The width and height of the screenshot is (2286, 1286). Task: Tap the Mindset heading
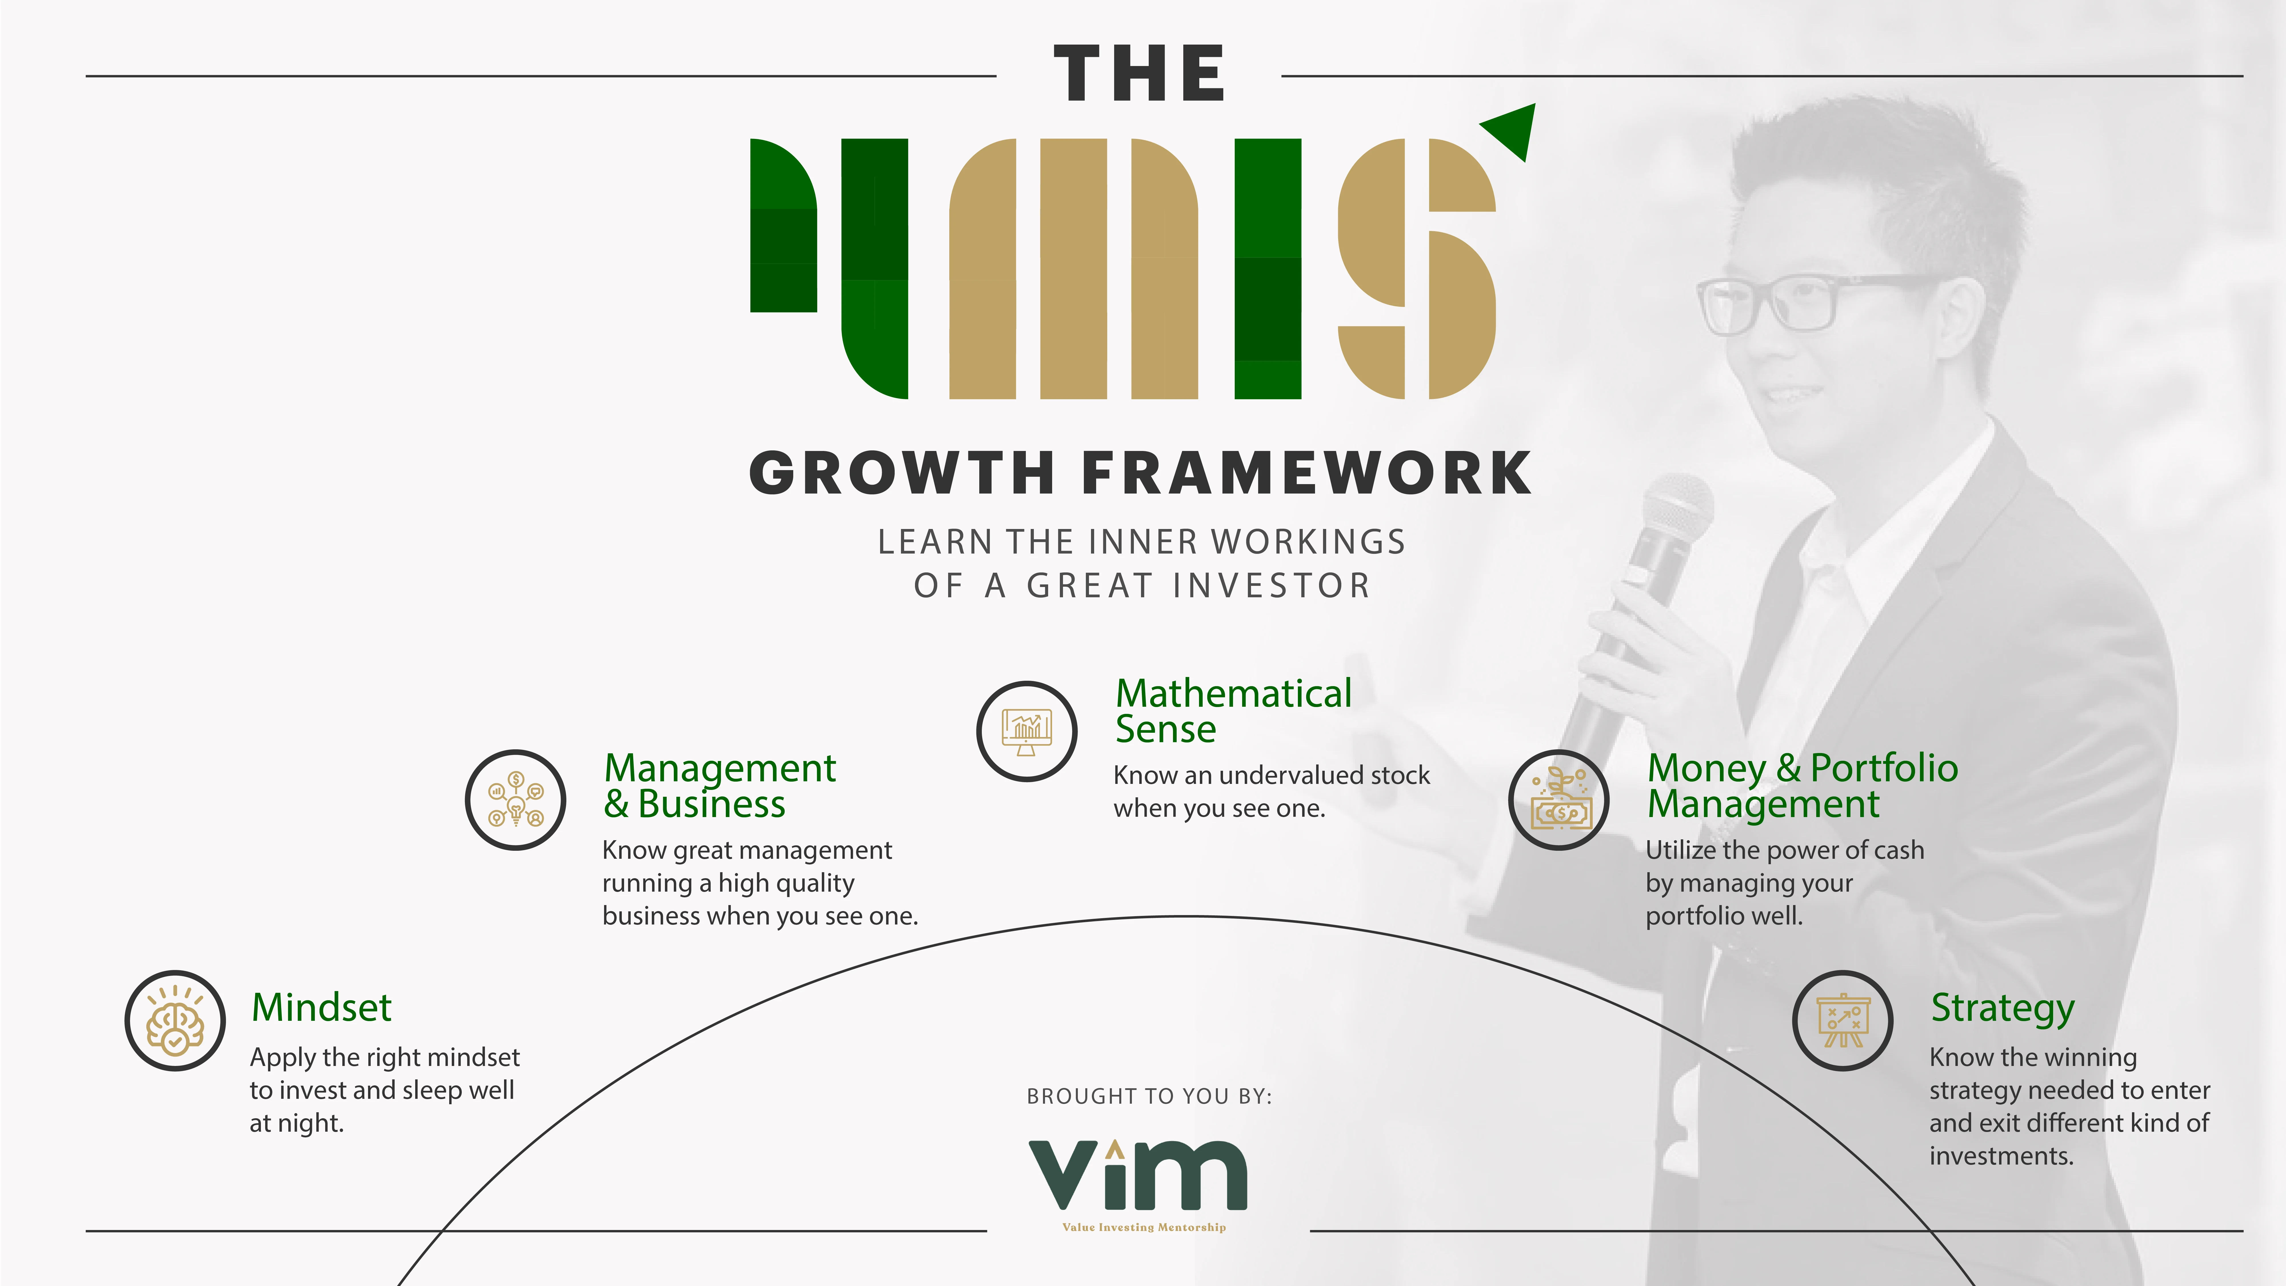321,1007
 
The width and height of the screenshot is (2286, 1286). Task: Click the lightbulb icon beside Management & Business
515,800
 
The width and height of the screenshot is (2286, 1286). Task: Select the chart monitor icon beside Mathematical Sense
1027,731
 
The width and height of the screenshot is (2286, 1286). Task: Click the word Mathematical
1234,693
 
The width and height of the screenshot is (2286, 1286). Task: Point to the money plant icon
1559,800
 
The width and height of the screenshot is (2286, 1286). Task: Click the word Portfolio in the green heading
1884,768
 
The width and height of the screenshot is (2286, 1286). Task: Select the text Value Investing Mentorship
1144,1227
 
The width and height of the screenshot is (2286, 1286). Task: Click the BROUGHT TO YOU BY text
1149,1096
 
